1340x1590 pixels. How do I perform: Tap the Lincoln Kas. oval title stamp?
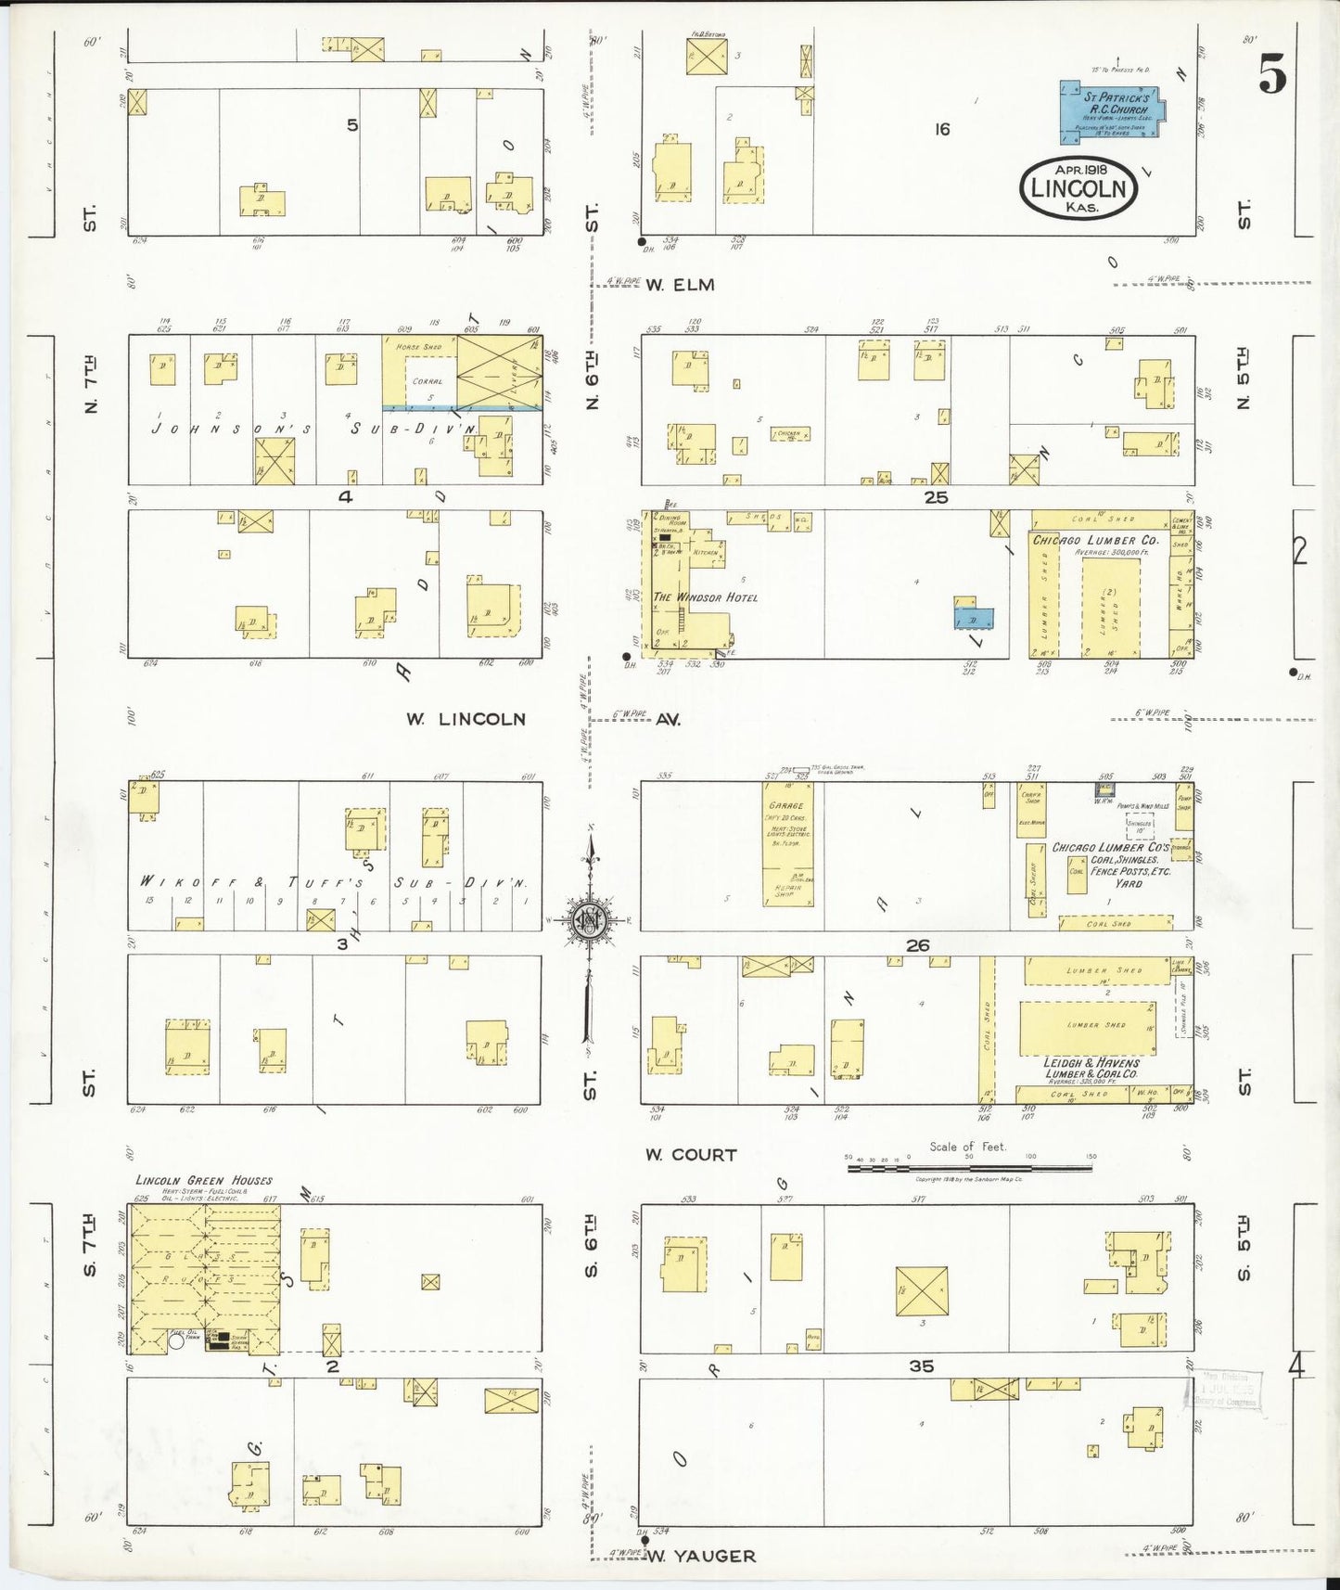(x=1078, y=188)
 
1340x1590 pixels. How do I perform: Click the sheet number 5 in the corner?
(x=1272, y=73)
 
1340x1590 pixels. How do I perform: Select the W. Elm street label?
(x=682, y=286)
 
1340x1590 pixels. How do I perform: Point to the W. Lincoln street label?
(x=466, y=719)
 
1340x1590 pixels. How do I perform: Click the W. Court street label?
(x=692, y=1155)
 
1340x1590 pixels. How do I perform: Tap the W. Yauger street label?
(x=701, y=1556)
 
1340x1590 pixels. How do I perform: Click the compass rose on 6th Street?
(x=588, y=920)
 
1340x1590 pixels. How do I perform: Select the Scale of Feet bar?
(x=969, y=1168)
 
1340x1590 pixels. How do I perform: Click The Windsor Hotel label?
(x=706, y=597)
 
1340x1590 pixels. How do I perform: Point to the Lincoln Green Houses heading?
(x=203, y=1180)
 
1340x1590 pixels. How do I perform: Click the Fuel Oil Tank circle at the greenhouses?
(x=176, y=1340)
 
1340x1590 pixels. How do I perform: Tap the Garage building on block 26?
(x=787, y=844)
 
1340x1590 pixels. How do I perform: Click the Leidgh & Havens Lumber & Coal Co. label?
(x=1091, y=1068)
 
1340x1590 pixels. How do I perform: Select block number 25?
(x=936, y=498)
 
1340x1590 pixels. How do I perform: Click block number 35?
(x=921, y=1366)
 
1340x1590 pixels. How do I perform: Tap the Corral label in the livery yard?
(x=427, y=381)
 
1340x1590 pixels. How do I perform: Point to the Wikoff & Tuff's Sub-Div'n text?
(x=334, y=882)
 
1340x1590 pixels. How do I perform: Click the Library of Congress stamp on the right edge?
(x=1224, y=1391)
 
